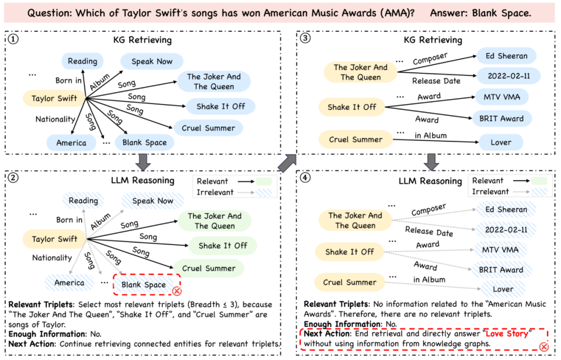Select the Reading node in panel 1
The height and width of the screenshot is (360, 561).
coord(82,61)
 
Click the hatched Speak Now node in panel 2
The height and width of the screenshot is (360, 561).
coord(152,201)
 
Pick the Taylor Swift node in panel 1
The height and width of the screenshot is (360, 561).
coord(54,98)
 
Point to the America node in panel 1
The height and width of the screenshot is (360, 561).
coord(71,143)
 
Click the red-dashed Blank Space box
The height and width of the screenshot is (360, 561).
coord(143,285)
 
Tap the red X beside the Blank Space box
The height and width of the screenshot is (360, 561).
coord(177,291)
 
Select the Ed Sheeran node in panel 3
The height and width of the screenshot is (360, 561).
coord(506,56)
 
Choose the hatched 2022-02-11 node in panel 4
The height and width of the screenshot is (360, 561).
coord(505,230)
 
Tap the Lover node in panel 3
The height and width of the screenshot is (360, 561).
coord(501,142)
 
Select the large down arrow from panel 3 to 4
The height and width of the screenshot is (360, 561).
coord(430,162)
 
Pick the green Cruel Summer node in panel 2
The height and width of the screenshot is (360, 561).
coord(209,269)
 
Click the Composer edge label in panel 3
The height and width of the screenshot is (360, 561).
coord(430,57)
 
